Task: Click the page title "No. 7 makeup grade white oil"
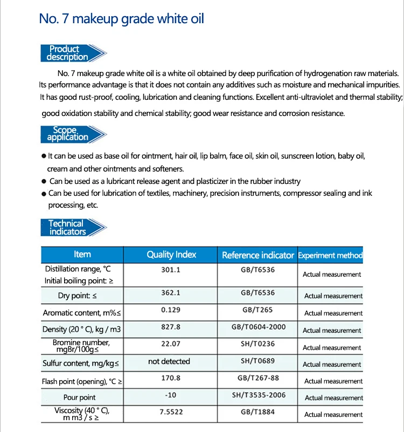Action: point(121,19)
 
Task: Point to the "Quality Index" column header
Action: point(171,255)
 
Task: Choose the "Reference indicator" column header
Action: point(258,255)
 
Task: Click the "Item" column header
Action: point(82,255)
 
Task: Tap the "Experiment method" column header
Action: point(330,255)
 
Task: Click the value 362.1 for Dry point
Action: point(171,293)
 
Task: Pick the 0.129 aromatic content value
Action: point(171,310)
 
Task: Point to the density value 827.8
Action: point(171,327)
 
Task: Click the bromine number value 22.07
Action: point(171,344)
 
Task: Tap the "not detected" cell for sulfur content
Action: point(169,361)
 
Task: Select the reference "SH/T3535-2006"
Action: point(258,395)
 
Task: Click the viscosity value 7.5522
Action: point(171,412)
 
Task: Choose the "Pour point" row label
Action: point(80,397)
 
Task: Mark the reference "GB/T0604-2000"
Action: point(258,327)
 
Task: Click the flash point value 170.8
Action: point(171,378)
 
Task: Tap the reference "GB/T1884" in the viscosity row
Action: point(258,412)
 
